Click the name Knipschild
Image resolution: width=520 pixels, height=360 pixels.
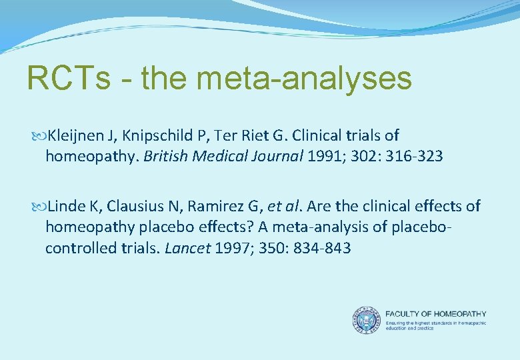[151, 136]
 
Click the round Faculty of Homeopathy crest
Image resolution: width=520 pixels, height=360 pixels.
[366, 319]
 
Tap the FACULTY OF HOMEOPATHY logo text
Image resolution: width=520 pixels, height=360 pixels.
[436, 314]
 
